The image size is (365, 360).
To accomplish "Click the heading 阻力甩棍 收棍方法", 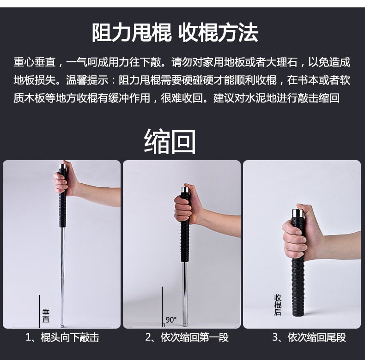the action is [x=175, y=33].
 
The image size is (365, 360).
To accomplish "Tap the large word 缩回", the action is [x=170, y=142].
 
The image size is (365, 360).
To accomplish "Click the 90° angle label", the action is [x=171, y=320].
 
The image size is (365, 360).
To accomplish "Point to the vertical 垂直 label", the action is [x=46, y=316].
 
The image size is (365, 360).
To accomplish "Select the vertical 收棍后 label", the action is [x=278, y=305].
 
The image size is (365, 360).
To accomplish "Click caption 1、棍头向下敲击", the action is [x=62, y=337].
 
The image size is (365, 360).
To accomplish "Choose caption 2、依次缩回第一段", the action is [x=187, y=337].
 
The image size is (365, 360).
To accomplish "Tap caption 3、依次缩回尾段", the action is [x=310, y=337].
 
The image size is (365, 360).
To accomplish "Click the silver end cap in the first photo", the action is [x=63, y=166].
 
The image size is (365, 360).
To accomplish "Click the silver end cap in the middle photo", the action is [x=185, y=189].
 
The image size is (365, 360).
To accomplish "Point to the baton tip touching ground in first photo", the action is [x=62, y=325].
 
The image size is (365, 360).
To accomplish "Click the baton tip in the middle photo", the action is [x=185, y=324].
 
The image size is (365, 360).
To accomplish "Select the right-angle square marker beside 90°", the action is [x=164, y=325].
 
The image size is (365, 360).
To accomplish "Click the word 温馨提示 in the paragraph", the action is [x=87, y=80].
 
